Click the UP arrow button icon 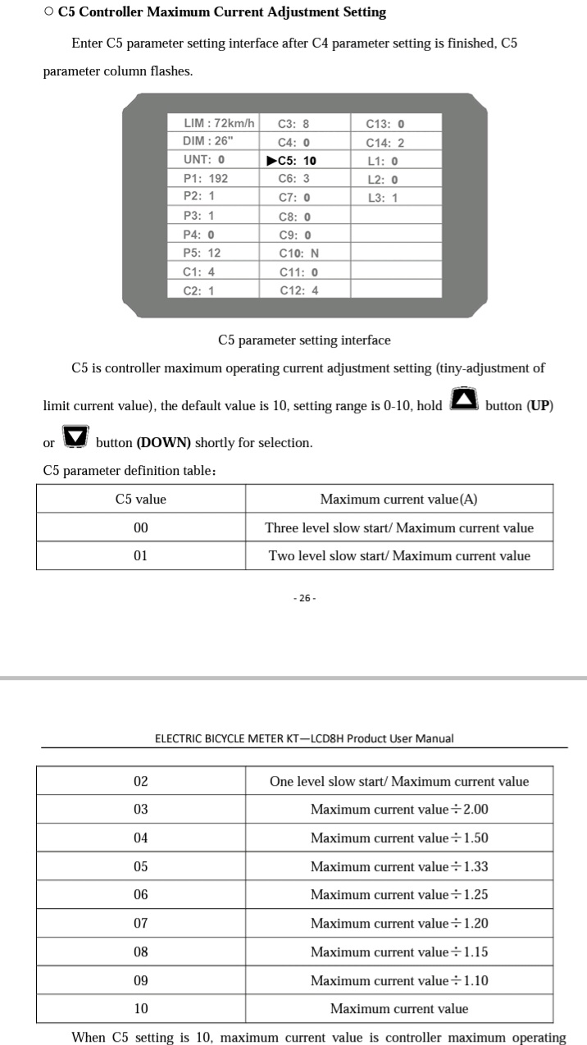(464, 400)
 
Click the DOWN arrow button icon (75, 437)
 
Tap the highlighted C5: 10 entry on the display (293, 161)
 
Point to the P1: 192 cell (206, 178)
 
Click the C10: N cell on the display (298, 253)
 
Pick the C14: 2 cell (385, 143)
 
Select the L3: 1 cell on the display (382, 198)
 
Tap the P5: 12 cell (202, 253)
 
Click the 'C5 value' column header (141, 500)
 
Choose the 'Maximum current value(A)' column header (398, 500)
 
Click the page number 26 (304, 598)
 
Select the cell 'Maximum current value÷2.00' (398, 810)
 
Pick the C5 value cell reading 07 (141, 924)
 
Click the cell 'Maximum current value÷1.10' (398, 980)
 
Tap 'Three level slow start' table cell (398, 528)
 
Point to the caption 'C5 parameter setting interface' (304, 340)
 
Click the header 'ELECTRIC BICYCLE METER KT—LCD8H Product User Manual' (304, 738)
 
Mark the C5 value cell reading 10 (141, 1009)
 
